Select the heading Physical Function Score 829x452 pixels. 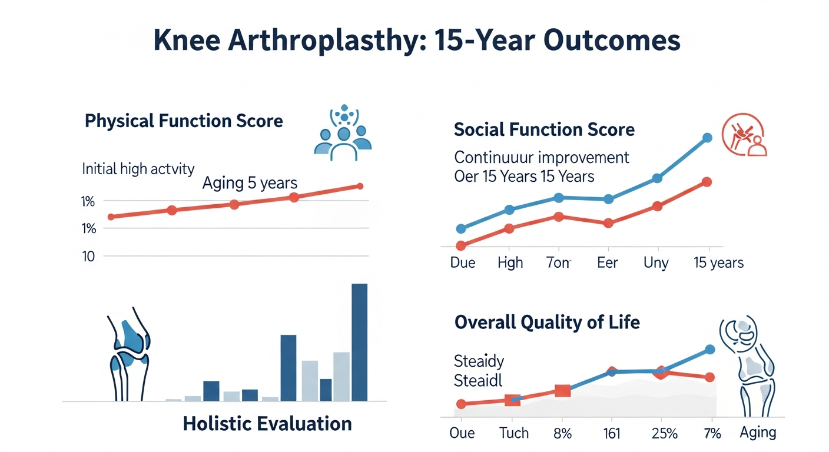184,121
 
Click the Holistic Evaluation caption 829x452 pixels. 267,423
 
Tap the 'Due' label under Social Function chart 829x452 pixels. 462,262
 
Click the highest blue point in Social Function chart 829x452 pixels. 708,138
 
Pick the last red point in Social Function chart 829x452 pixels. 707,182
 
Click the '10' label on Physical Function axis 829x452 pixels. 89,256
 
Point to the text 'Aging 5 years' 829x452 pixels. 250,183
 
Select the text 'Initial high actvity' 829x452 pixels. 138,169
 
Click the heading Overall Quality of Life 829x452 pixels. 547,323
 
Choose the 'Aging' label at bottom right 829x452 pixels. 758,433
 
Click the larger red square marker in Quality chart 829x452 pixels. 563,391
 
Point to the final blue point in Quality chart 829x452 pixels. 709,350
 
